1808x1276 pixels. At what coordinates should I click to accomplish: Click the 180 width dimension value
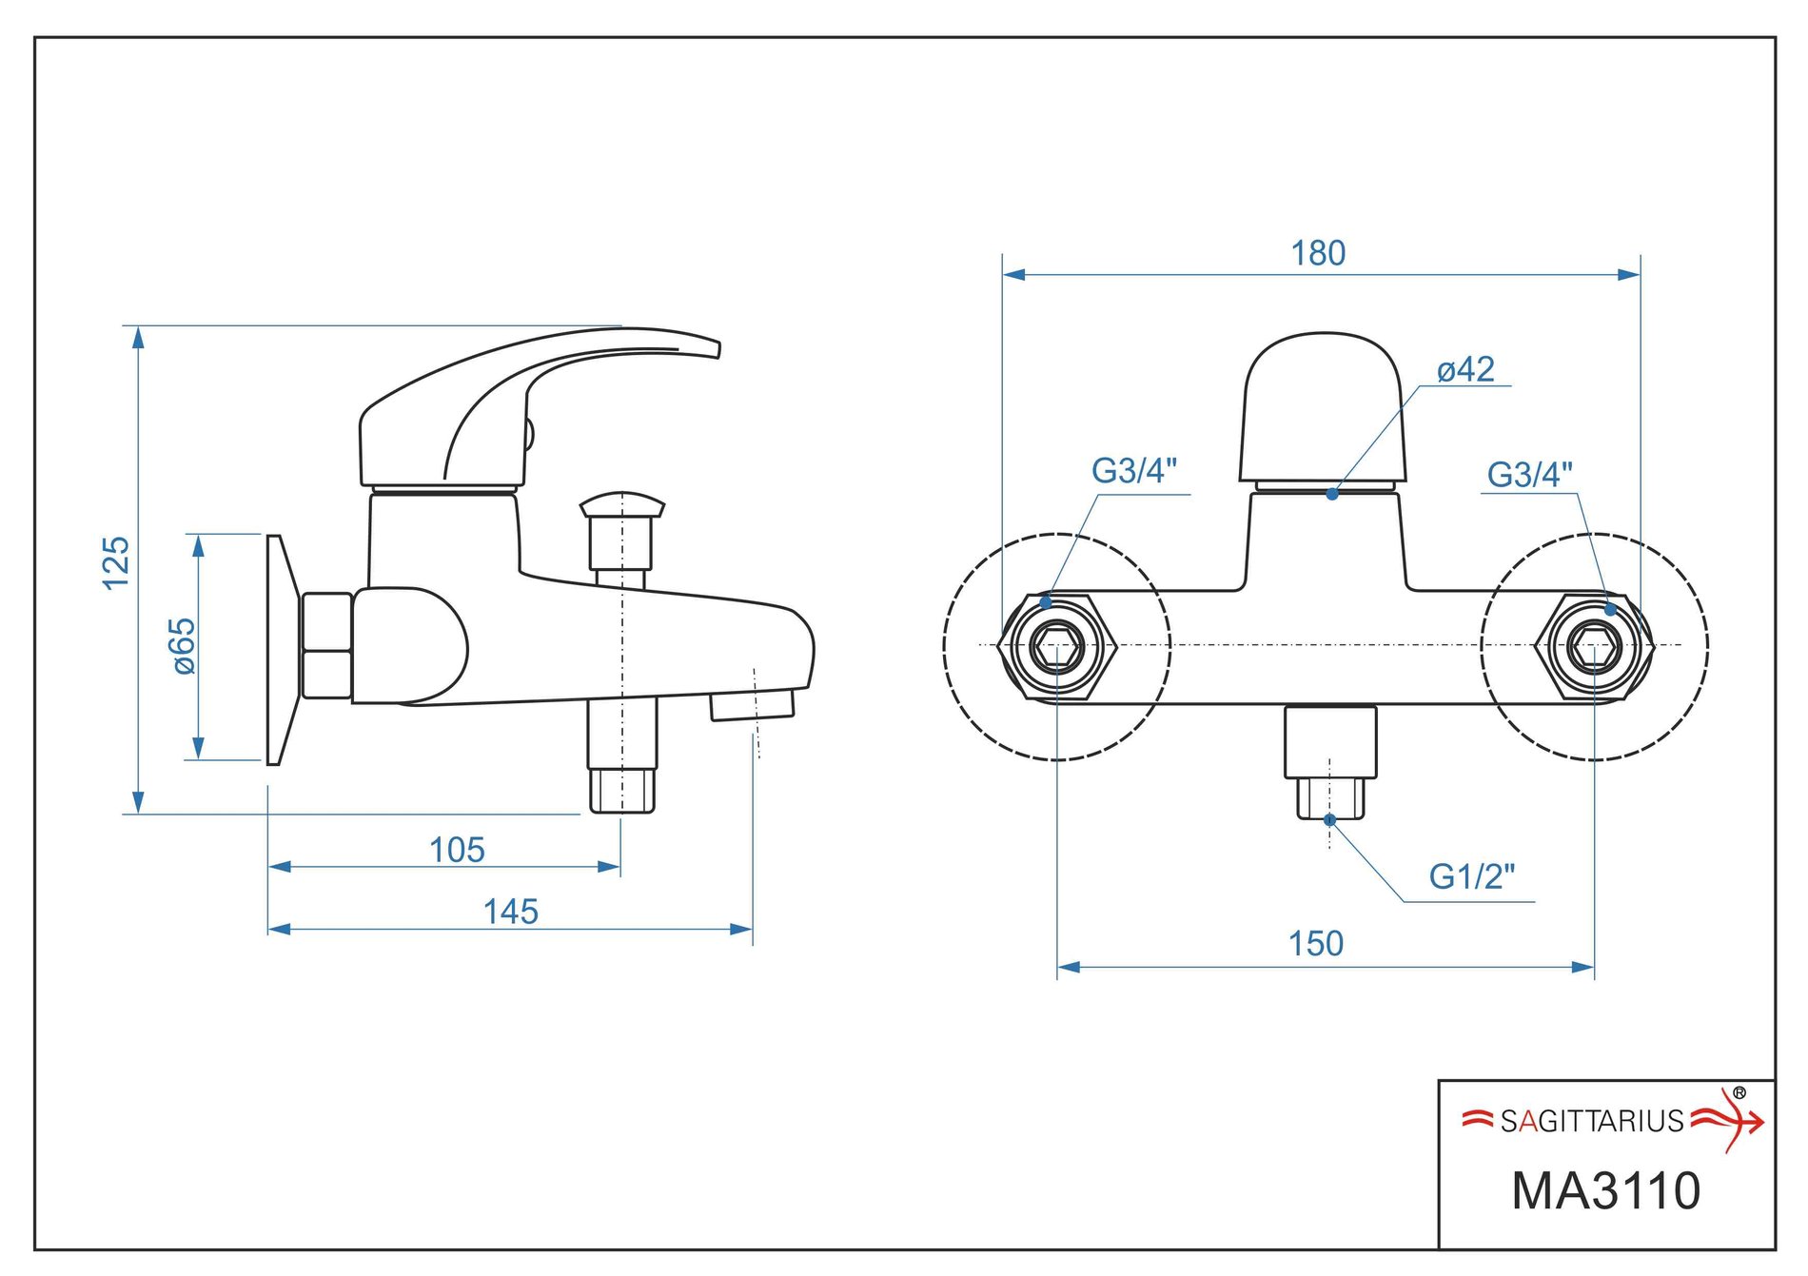(1318, 254)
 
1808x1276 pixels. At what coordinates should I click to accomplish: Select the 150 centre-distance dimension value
(1316, 944)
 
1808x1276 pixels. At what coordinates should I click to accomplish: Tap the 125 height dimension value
(116, 562)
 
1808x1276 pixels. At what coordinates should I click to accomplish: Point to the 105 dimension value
(457, 850)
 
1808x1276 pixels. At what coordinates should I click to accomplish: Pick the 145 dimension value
(511, 912)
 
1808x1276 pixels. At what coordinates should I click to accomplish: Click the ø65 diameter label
(183, 646)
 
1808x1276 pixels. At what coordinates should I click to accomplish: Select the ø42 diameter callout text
(1465, 369)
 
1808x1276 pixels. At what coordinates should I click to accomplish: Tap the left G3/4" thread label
(1134, 471)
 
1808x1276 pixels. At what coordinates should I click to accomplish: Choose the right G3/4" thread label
(1529, 475)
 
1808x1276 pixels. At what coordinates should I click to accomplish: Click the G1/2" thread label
(1471, 876)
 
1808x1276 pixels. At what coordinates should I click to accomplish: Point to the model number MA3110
(1606, 1191)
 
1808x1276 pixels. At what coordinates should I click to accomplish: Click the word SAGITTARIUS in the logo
(1592, 1122)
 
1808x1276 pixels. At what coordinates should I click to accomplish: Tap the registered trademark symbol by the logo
(1739, 1093)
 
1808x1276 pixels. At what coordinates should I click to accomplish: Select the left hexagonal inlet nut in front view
(1057, 646)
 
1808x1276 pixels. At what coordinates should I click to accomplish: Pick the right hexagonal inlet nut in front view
(1595, 646)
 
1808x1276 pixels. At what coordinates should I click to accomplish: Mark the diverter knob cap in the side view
(622, 504)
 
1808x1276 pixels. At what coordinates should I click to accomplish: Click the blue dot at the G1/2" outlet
(1329, 819)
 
